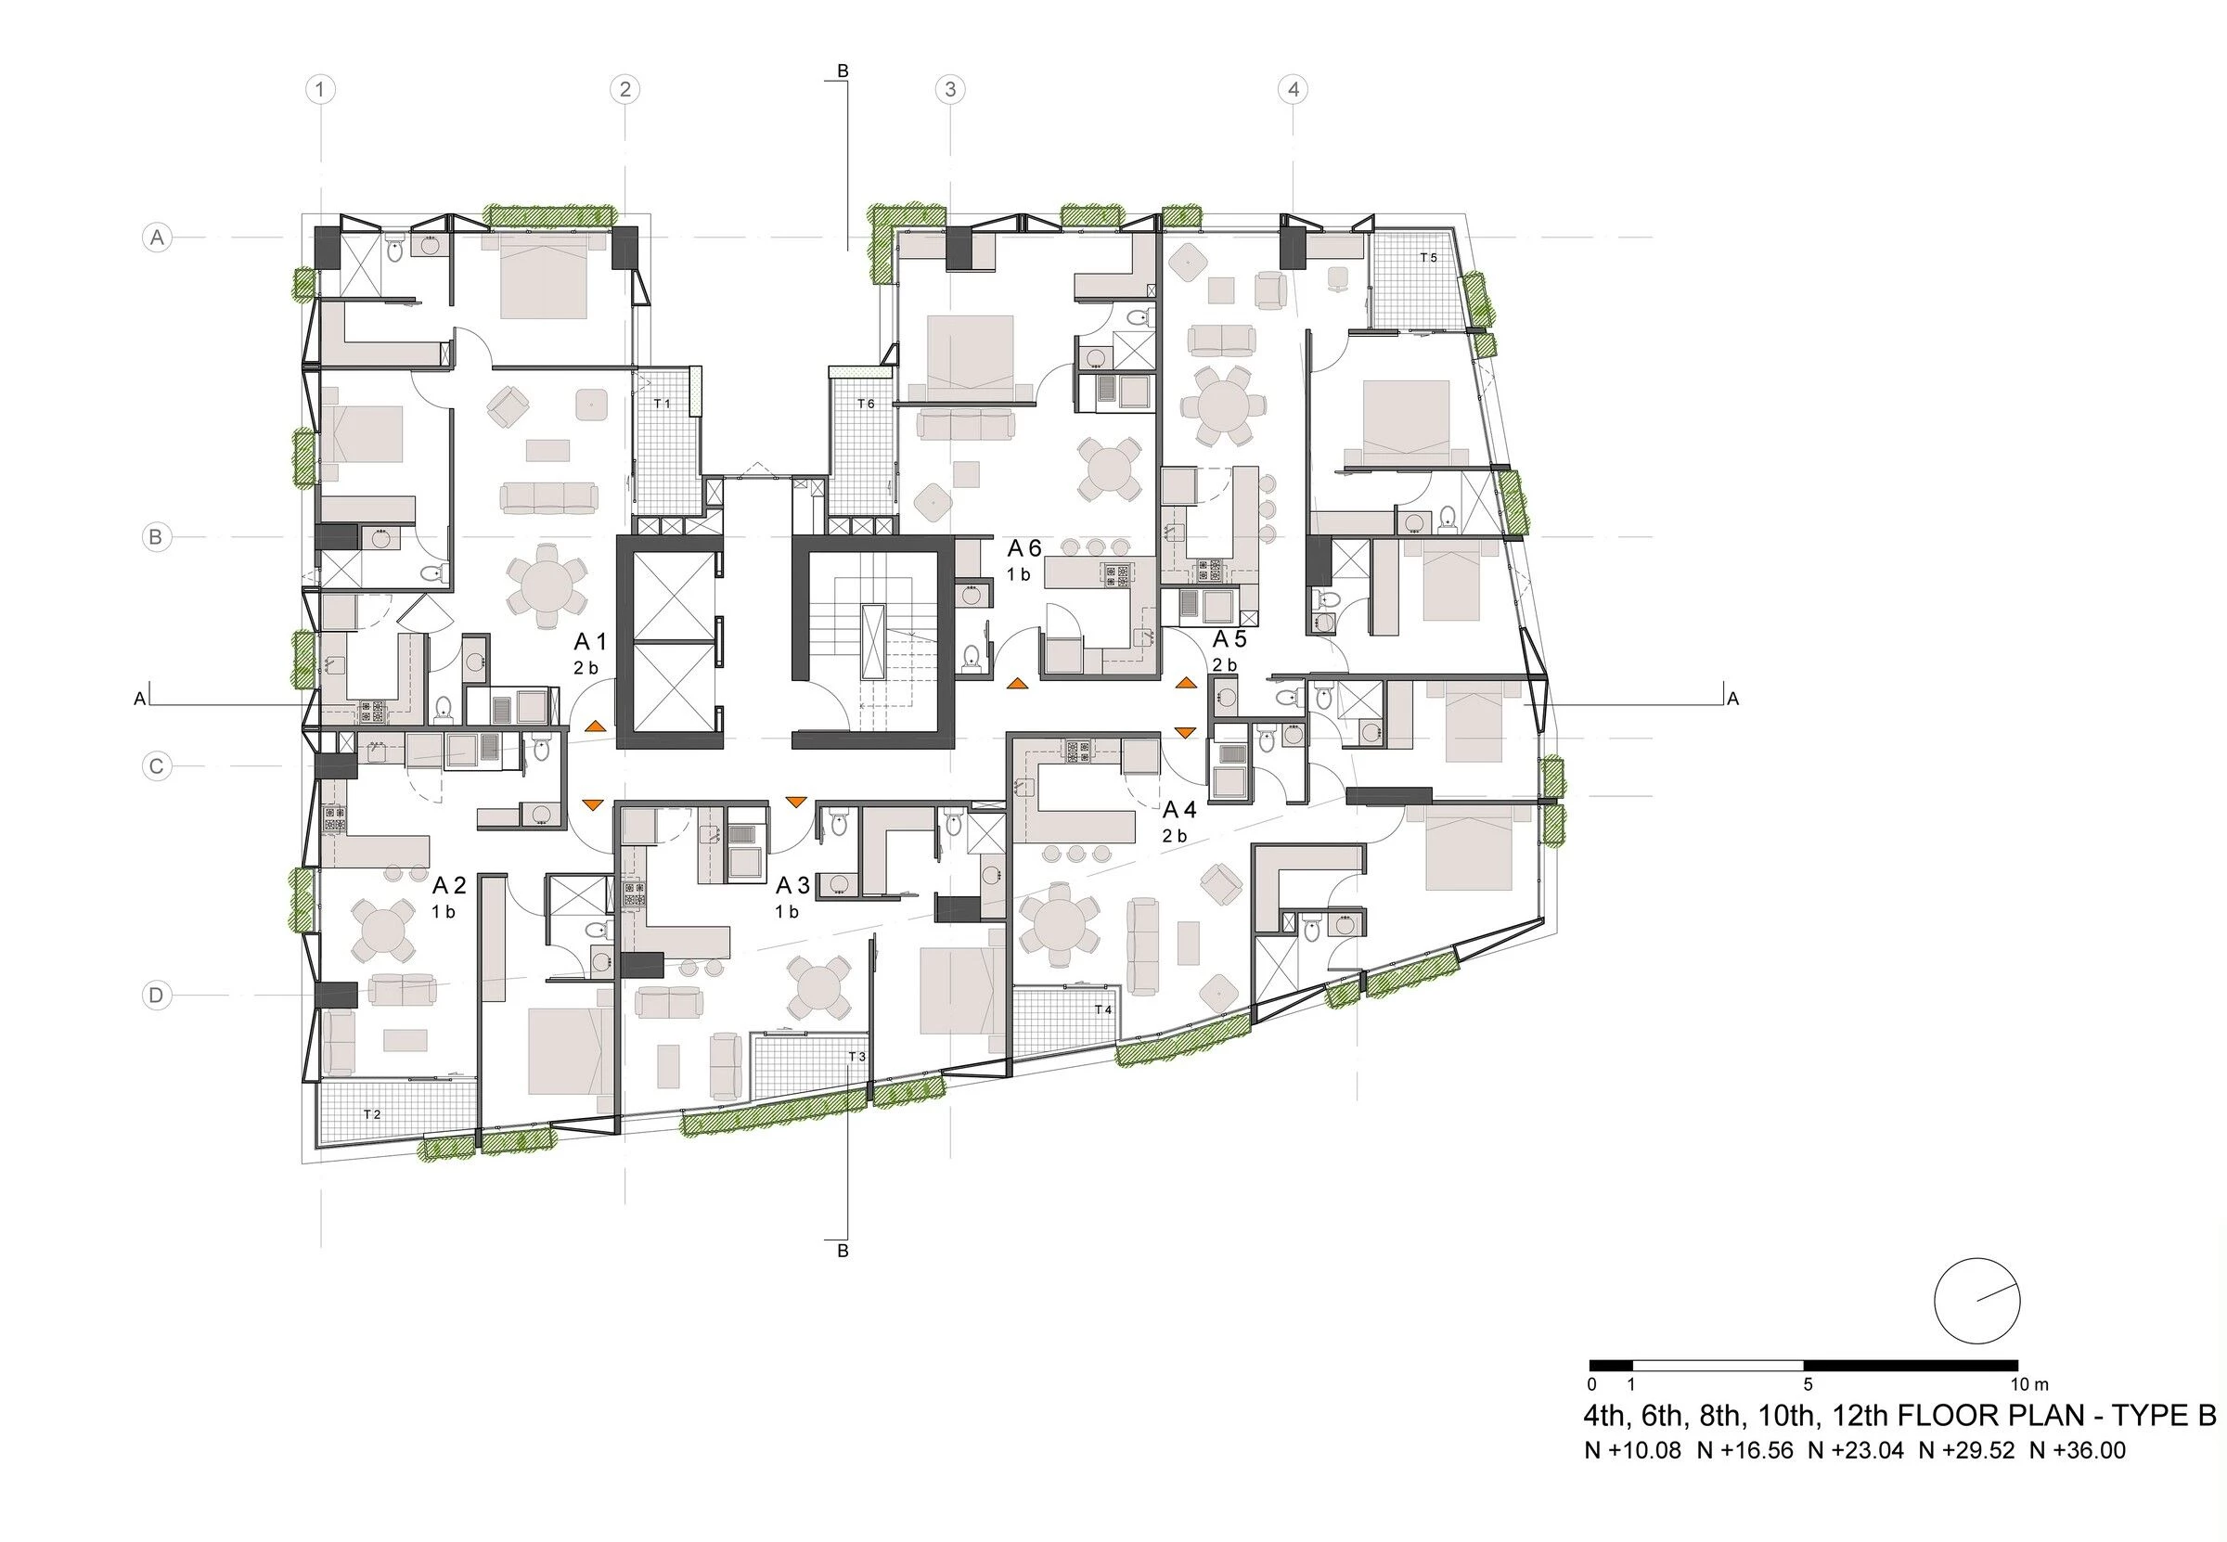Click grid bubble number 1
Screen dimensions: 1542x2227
[x=320, y=90]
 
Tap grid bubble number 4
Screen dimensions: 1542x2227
[x=1293, y=90]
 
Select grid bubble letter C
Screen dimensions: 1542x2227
[x=157, y=767]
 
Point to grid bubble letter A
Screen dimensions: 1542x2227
[x=157, y=237]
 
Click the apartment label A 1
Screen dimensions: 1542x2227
[x=589, y=641]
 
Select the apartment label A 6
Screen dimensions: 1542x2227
[x=1024, y=548]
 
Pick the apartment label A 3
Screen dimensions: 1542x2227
[x=792, y=885]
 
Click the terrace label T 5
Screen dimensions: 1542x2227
[x=1428, y=258]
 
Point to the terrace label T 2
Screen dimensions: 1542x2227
[x=372, y=1114]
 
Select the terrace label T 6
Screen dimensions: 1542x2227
[x=865, y=404]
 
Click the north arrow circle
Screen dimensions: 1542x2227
[x=1976, y=1301]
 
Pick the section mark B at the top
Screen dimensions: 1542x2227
[x=843, y=71]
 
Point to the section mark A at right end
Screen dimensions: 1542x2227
[x=1732, y=699]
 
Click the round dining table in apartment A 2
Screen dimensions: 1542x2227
[x=382, y=931]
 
